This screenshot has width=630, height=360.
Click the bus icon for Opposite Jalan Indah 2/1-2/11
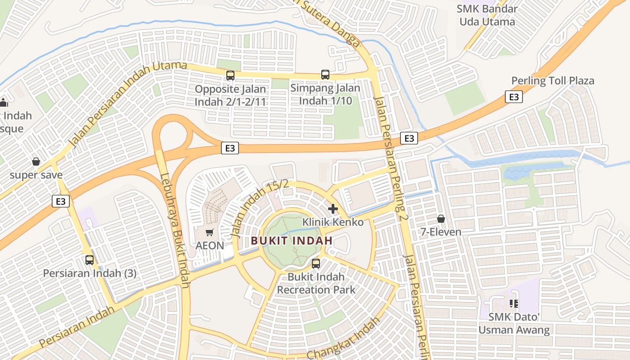pos(230,75)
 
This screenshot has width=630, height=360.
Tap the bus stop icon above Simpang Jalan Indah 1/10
pos(325,75)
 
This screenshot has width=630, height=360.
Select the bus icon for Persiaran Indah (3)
pos(90,260)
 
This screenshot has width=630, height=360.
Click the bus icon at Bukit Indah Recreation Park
pos(316,264)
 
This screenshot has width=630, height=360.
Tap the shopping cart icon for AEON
pos(209,232)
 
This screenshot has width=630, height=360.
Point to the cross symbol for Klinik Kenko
pos(333,209)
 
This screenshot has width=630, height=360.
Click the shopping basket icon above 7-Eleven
pos(441,219)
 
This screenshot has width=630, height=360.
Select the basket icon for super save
pos(36,162)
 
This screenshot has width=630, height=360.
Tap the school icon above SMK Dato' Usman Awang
pos(514,304)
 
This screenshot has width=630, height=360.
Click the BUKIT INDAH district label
pos(292,241)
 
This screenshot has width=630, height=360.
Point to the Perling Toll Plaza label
pos(553,81)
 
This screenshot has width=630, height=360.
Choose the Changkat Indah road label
pos(343,338)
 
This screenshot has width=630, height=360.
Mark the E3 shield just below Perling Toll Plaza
pos(513,97)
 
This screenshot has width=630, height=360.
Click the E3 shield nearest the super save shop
pos(61,201)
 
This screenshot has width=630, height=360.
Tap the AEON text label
pos(210,246)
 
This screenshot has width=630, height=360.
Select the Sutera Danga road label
pos(328,22)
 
